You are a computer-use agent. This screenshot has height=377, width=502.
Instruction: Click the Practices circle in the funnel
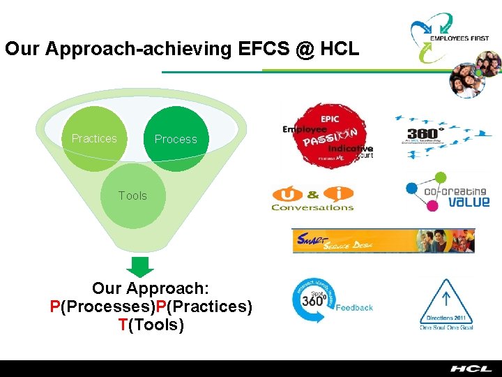94,138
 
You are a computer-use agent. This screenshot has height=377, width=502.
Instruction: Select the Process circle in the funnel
176,138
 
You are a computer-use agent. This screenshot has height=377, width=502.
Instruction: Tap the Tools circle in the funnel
133,195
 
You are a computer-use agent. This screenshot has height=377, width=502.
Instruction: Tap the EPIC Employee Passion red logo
328,136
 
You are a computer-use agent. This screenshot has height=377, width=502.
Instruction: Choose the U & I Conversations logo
312,198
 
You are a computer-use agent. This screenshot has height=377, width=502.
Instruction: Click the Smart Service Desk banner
383,240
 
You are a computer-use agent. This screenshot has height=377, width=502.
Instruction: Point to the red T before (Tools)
123,325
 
